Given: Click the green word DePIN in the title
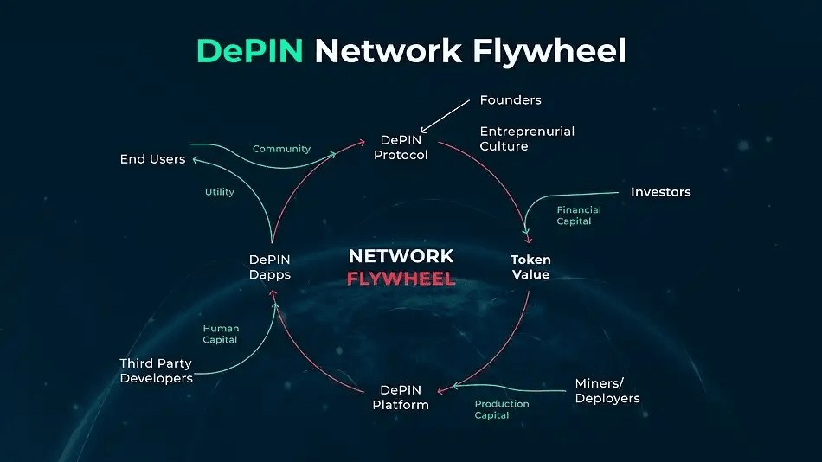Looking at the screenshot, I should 249,51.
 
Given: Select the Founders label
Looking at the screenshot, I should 511,100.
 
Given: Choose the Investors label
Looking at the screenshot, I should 660,192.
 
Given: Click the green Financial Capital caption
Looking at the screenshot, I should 579,215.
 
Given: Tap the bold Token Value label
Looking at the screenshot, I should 530,266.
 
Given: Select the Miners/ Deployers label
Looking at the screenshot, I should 607,391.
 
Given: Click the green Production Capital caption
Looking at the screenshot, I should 502,409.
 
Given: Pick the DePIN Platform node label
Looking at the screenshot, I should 401,397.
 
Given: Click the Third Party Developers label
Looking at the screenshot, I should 156,370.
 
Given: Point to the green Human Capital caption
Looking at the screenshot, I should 221,334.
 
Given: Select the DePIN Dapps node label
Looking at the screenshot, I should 270,266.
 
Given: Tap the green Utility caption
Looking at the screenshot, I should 220,192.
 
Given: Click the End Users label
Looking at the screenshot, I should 152,159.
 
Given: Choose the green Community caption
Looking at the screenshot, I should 281,149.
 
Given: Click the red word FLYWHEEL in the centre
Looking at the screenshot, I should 401,279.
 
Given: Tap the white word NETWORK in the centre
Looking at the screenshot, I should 401,256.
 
